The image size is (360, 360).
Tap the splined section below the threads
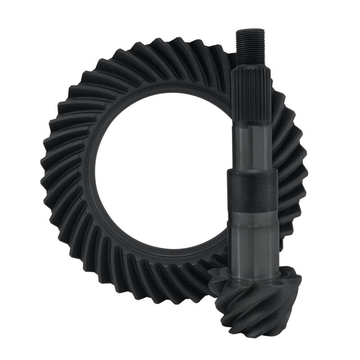click(248, 97)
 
